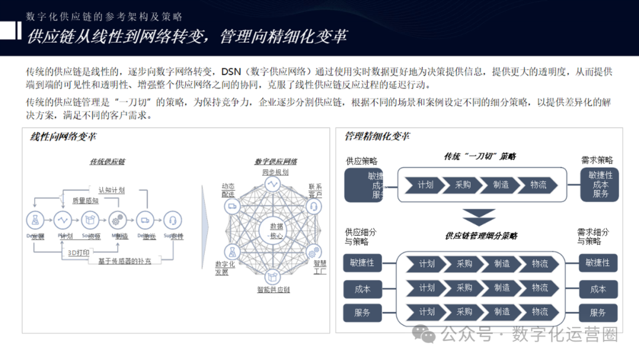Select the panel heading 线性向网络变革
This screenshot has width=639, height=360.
click(63, 137)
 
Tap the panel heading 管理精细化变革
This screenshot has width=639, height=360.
click(377, 137)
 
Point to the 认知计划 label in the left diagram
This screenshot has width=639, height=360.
click(111, 190)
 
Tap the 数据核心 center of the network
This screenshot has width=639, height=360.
click(276, 231)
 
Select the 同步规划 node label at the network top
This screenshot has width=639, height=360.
click(276, 172)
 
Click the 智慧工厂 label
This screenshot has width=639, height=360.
click(320, 268)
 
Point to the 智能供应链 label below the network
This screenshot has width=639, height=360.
click(273, 290)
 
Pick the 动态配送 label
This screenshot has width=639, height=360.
click(228, 189)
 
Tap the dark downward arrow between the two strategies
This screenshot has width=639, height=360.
click(479, 217)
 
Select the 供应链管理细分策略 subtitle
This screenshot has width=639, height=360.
click(481, 236)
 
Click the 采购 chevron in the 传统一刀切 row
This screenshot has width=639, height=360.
click(463, 185)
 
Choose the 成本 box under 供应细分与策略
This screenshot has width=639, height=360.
click(363, 289)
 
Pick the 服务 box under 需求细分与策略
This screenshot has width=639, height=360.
click(598, 313)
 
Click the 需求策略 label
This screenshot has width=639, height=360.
click(597, 160)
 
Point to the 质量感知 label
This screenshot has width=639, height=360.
click(85, 201)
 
